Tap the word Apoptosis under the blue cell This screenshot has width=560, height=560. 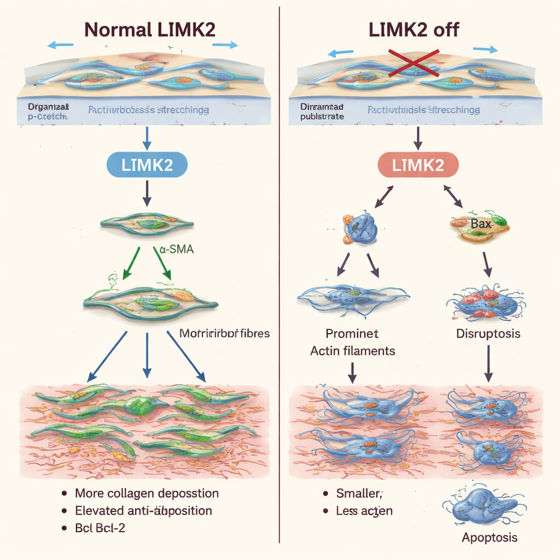point(489,538)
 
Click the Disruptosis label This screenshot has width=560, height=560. point(488,333)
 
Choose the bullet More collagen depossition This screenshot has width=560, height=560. point(147,493)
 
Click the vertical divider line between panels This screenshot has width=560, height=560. point(279,273)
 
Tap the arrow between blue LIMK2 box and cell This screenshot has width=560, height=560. point(147,194)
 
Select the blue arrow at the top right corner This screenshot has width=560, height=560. point(485,49)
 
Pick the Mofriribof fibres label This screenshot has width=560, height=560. point(224,333)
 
